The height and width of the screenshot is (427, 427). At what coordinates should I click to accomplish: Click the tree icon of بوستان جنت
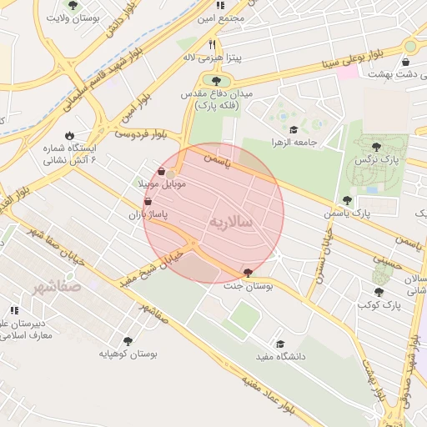click(248, 273)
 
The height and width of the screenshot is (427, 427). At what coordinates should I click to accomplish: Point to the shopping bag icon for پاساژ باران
click(148, 201)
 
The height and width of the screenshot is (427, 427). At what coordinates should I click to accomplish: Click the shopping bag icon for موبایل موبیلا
click(161, 171)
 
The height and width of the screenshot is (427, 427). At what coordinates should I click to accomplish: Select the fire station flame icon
click(69, 135)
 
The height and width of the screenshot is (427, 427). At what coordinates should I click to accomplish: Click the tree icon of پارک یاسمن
click(347, 200)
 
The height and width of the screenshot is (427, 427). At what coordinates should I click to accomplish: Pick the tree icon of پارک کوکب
click(379, 292)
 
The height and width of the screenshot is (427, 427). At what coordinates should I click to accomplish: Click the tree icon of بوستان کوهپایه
click(128, 340)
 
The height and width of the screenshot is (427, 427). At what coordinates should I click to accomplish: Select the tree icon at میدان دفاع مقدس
click(217, 81)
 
